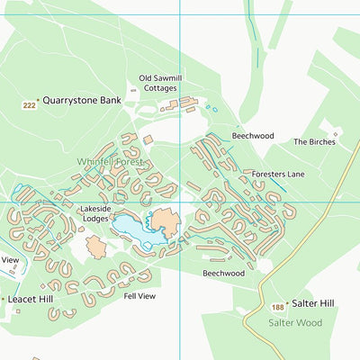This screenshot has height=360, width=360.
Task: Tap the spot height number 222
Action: tap(29, 106)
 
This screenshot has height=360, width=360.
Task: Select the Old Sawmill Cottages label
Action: tap(161, 84)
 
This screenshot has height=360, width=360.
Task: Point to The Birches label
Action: tap(314, 142)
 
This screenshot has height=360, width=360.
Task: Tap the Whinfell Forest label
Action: tap(110, 161)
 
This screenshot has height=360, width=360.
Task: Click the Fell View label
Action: tap(139, 295)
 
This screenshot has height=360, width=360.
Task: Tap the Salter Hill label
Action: tap(312, 304)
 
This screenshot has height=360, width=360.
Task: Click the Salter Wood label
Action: tap(293, 321)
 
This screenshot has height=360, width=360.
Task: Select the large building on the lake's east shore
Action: tap(165, 221)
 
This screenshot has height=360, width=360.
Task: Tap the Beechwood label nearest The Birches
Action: tap(252, 136)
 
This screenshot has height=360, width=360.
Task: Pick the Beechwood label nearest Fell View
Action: tap(222, 273)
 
